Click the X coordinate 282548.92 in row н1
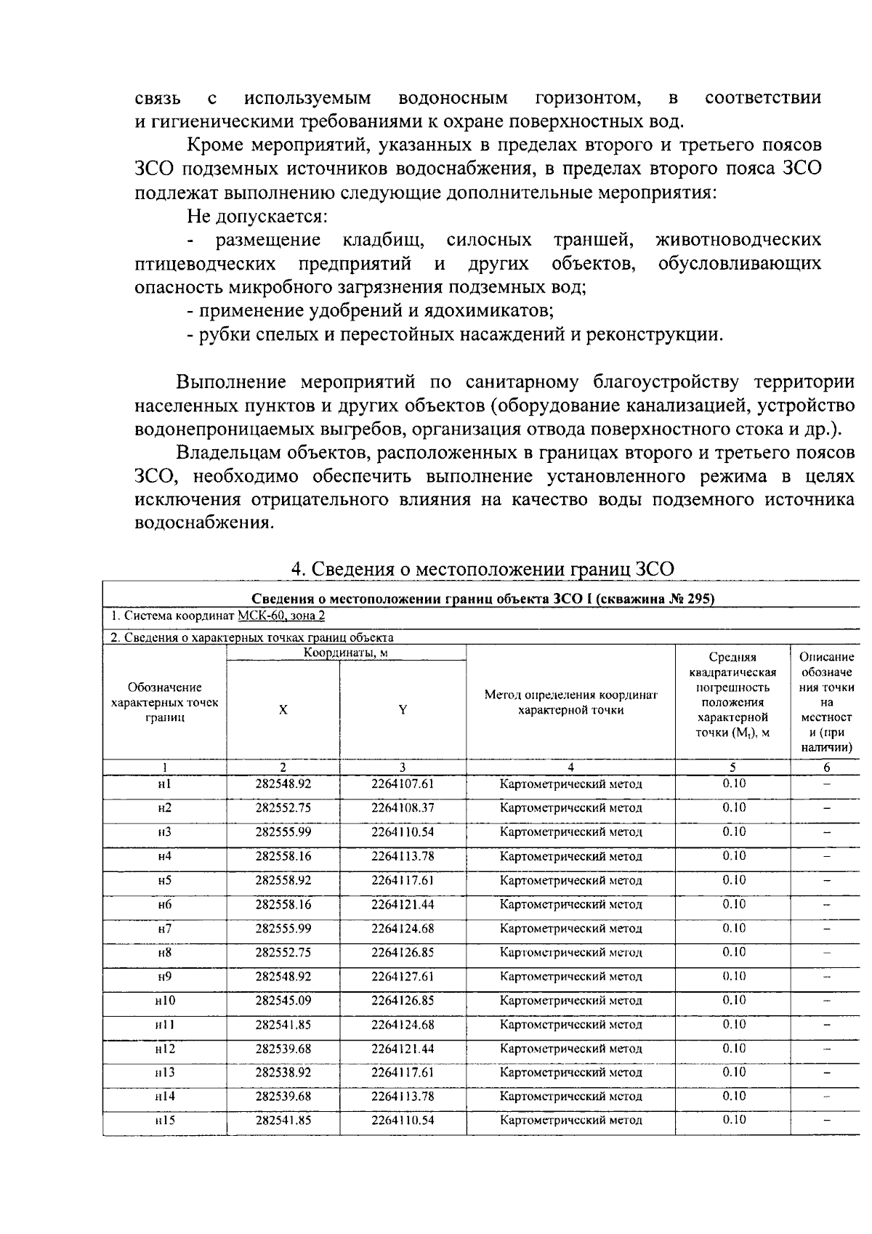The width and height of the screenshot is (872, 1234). point(283,784)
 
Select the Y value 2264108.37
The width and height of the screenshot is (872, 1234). point(402,808)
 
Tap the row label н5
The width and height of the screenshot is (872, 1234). point(164,880)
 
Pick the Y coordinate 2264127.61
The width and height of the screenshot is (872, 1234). point(402,977)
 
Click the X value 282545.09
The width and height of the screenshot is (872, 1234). point(283,1001)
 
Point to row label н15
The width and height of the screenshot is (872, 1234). point(164,1121)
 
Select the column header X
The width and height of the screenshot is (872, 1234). point(283,711)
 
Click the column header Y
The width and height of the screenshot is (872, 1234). point(402,711)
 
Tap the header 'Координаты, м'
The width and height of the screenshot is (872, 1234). point(345,653)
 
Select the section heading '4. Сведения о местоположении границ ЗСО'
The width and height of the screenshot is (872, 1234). point(482,569)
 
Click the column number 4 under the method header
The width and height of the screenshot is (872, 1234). point(570,767)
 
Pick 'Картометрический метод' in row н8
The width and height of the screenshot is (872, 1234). point(570,953)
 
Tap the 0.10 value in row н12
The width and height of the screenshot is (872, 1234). point(733,1049)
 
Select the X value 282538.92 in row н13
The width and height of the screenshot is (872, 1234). point(283,1073)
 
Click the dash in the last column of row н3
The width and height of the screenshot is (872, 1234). point(826,833)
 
